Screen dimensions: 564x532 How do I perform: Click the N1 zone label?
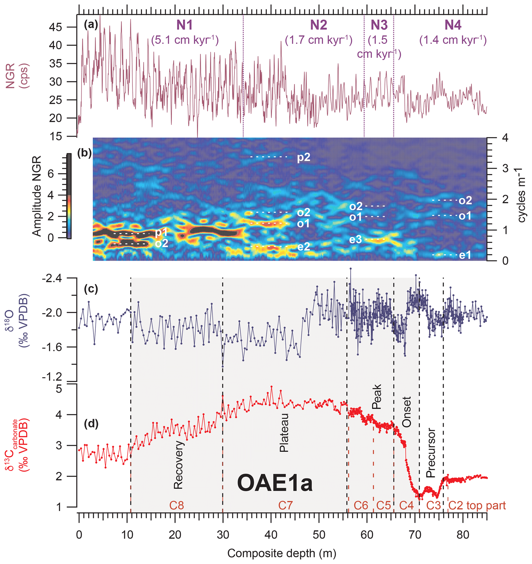pos(184,25)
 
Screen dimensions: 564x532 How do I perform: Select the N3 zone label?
pos(379,25)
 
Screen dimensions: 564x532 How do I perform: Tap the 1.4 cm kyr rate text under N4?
pos(453,40)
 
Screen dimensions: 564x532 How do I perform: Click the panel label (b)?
pos(84,153)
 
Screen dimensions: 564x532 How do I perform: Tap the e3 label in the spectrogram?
pos(355,240)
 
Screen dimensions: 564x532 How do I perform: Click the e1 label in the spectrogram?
pos(465,255)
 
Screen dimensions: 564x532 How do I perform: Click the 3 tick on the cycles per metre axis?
pos(505,169)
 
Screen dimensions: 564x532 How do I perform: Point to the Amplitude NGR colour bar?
pos(69,196)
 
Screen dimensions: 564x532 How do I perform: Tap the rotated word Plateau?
pos(284,433)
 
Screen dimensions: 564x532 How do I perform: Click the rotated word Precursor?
pos(431,453)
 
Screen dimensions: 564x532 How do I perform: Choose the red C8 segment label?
pos(176,506)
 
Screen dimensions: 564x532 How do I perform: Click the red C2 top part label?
pos(477,506)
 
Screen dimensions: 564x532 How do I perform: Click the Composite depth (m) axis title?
pos(281,553)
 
